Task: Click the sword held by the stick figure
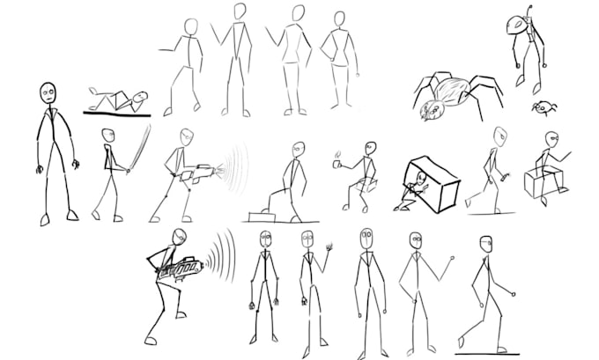[x=139, y=150]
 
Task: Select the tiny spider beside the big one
[x=544, y=108]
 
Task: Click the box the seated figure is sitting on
[x=538, y=182]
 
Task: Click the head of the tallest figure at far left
[x=48, y=92]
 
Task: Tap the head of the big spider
[x=432, y=110]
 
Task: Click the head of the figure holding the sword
[x=108, y=136]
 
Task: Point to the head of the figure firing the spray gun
[x=185, y=137]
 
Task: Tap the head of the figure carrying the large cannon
[x=180, y=236]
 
